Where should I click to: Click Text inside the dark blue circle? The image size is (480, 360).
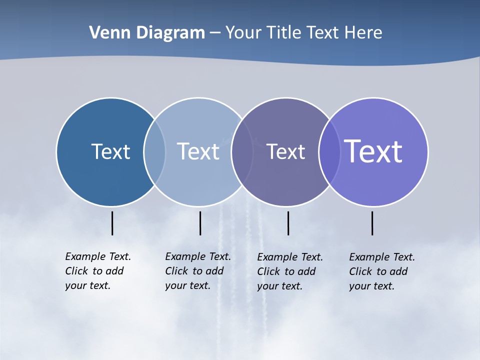pos(110,151)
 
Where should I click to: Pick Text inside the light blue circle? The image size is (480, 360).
pos(198,151)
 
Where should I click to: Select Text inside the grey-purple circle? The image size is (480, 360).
pos(285,152)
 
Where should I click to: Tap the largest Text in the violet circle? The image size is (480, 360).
pos(373,151)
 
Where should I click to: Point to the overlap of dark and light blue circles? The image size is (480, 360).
pos(154,152)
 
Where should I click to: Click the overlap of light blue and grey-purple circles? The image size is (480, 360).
pos(242,152)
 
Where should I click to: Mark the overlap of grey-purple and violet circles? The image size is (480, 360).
pos(329,152)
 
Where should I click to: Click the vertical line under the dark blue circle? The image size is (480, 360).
pos(112,223)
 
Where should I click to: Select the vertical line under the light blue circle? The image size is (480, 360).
pos(200,223)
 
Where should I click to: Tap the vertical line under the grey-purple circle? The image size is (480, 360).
pos(288,223)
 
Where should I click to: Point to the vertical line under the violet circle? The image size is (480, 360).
pos(372,223)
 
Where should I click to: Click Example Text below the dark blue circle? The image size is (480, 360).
pos(98,256)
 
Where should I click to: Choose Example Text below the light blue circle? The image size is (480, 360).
pos(198,256)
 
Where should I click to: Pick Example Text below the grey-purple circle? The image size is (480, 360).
pos(290,257)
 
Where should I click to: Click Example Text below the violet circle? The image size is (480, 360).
pos(382,257)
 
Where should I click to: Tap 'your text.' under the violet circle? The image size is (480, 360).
pos(371,286)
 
